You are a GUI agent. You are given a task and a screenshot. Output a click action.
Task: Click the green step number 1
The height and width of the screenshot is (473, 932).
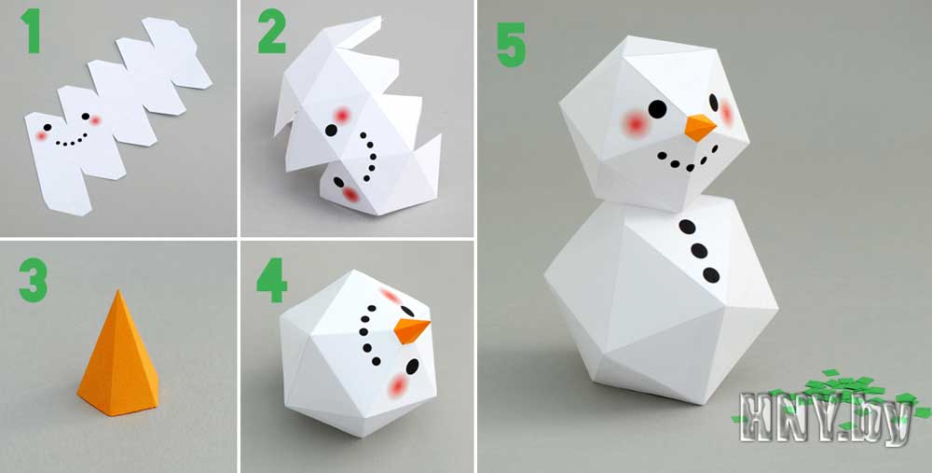click(x=31, y=31)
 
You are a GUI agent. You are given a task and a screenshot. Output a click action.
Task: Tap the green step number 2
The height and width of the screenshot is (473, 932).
click(x=271, y=31)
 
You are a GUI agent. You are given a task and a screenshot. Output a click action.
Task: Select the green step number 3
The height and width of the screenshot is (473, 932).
click(x=34, y=280)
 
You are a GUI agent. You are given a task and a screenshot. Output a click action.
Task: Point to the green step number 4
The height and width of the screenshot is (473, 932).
click(x=271, y=280)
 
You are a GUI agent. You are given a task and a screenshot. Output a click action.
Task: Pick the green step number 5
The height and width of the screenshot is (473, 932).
click(x=511, y=45)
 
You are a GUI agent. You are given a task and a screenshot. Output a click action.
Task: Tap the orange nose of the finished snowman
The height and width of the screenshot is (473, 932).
click(x=700, y=127)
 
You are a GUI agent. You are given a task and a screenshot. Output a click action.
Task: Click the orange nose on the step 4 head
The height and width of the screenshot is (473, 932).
click(x=411, y=330)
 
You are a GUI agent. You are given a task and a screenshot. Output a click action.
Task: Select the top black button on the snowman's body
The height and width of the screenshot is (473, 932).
click(x=687, y=227)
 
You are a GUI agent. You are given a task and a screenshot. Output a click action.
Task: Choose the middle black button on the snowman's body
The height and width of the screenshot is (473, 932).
click(x=699, y=250)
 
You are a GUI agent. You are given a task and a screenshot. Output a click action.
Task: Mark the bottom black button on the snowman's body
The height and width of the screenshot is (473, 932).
click(x=711, y=275)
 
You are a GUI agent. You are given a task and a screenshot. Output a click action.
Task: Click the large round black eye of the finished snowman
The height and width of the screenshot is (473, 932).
click(x=657, y=109)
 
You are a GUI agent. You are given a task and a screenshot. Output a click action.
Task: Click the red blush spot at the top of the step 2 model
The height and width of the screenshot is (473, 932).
click(x=342, y=116)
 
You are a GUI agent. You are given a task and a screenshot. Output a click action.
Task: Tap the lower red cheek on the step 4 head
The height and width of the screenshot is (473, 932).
click(x=398, y=386)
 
